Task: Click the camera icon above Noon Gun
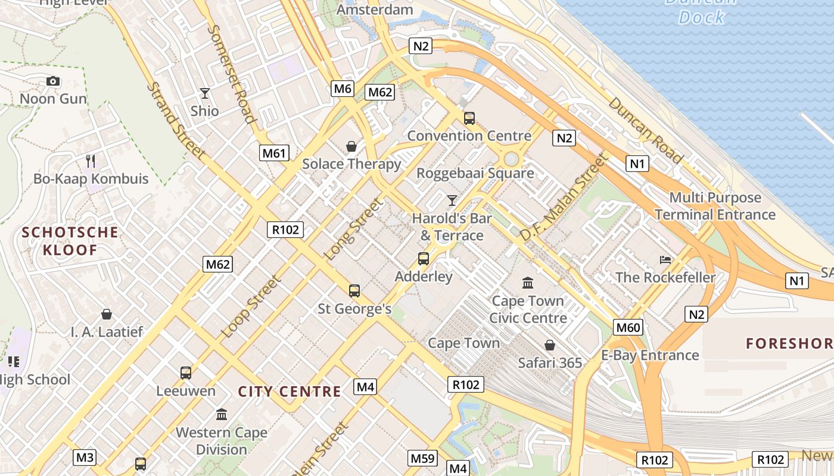(x=53, y=81)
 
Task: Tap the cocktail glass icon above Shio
(x=205, y=93)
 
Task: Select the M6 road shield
(x=343, y=89)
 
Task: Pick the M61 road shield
(x=275, y=153)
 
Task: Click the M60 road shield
(x=628, y=327)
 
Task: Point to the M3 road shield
(x=85, y=458)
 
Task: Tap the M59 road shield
(x=422, y=458)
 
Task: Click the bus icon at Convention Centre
(x=469, y=118)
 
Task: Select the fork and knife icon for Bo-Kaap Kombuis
(x=91, y=161)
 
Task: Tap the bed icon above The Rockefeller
(x=665, y=259)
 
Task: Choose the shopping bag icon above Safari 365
(x=550, y=345)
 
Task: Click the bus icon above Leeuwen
(x=186, y=373)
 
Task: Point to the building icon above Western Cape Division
(x=222, y=414)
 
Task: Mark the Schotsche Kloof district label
(x=70, y=241)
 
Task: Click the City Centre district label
(x=290, y=392)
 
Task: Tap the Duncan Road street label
(x=646, y=130)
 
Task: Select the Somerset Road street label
(x=232, y=73)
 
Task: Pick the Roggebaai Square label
(x=475, y=173)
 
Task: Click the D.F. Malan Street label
(x=563, y=197)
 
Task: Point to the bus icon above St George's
(x=354, y=290)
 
